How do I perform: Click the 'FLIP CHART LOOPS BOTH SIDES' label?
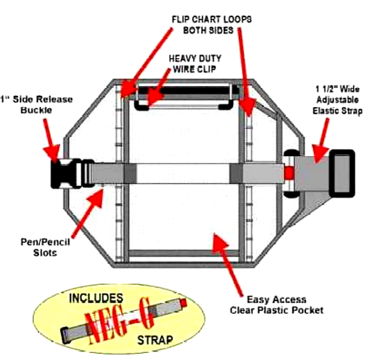click(211, 26)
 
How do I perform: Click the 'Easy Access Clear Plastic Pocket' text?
click(276, 305)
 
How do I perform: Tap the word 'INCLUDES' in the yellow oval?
click(95, 299)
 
